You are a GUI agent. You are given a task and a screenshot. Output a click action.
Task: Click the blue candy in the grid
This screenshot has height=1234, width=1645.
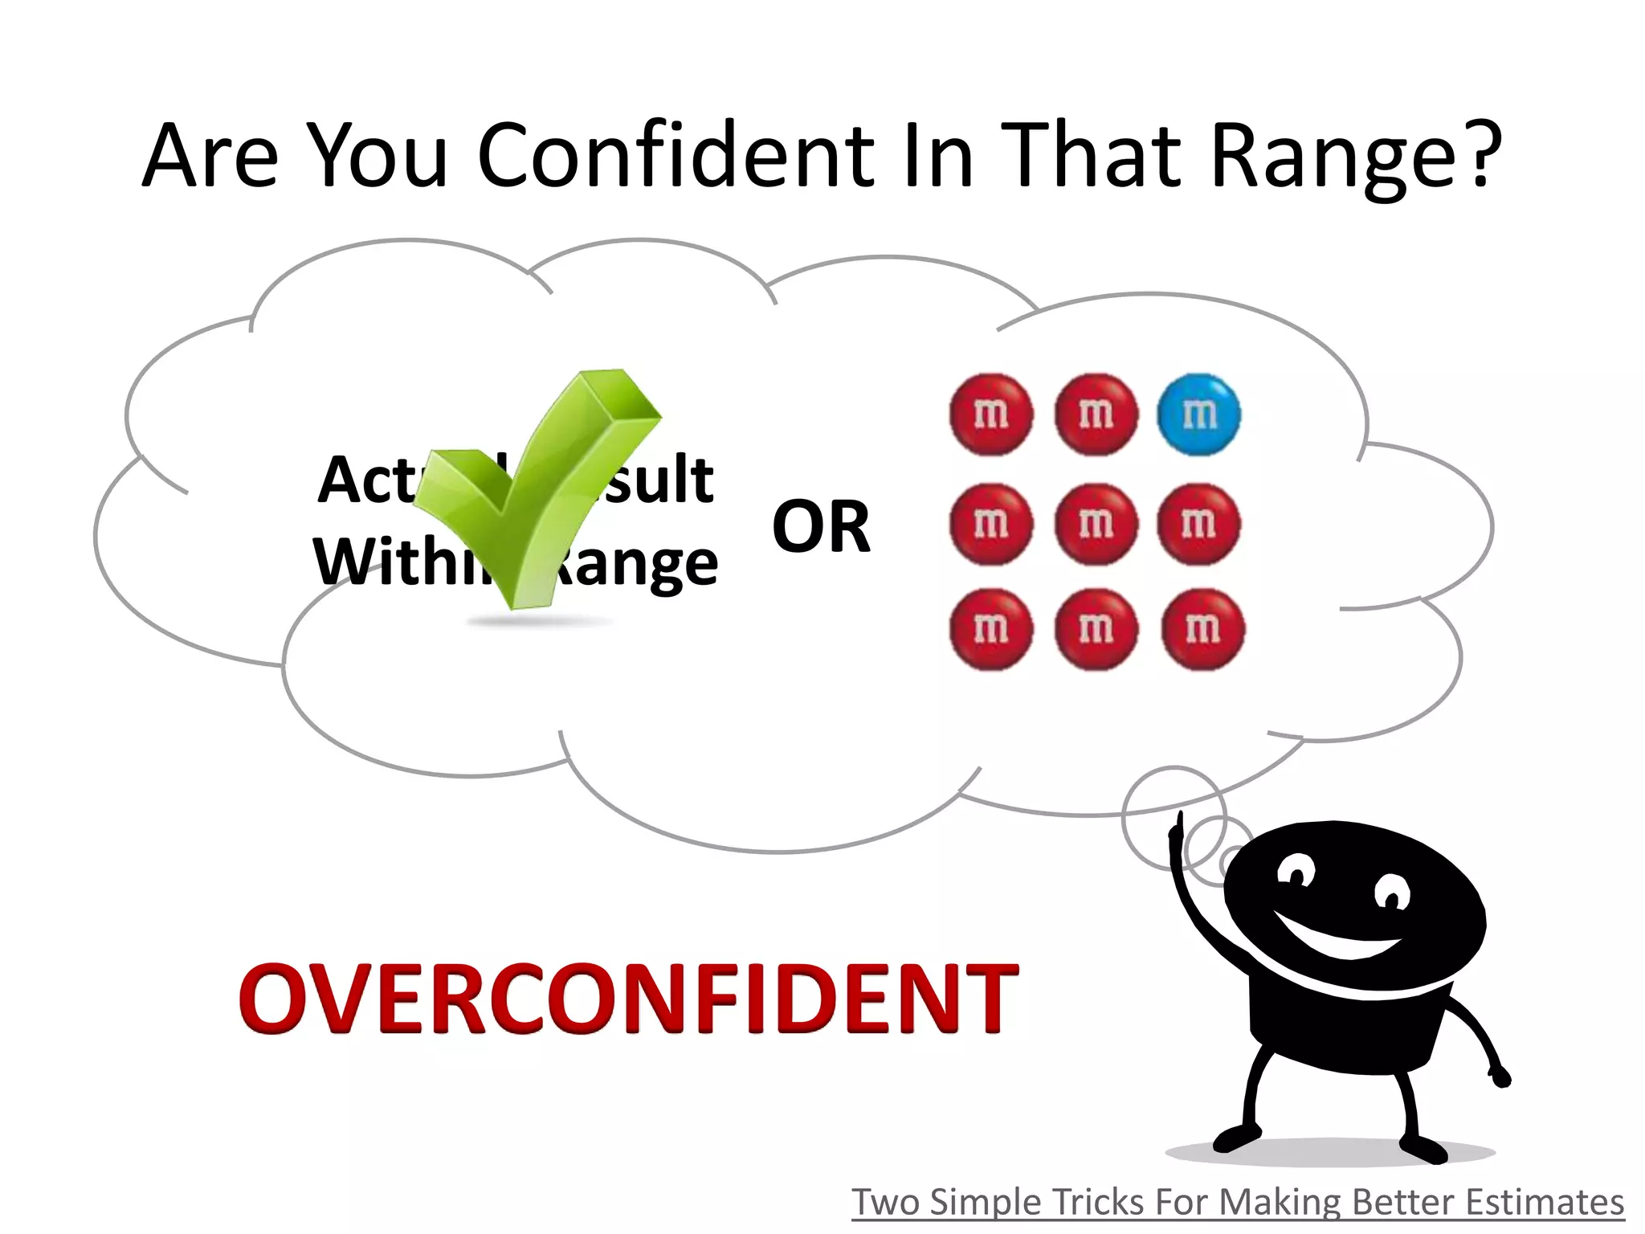[x=1198, y=415]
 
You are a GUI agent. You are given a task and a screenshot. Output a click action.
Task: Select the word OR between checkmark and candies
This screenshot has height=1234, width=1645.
[x=821, y=527]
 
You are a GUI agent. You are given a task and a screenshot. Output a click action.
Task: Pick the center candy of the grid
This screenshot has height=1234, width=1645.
[x=1096, y=524]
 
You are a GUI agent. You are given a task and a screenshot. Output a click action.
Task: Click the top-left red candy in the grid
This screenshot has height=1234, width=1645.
[x=990, y=415]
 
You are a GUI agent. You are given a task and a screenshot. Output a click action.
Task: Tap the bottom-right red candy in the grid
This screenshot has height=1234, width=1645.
[x=1202, y=629]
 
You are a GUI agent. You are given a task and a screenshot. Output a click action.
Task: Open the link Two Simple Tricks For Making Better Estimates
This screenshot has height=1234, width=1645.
[x=1237, y=1203]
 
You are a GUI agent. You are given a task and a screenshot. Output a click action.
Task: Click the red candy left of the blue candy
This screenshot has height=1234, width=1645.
[x=1096, y=415]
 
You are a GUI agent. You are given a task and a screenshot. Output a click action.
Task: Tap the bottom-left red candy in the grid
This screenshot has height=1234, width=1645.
[x=990, y=629]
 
